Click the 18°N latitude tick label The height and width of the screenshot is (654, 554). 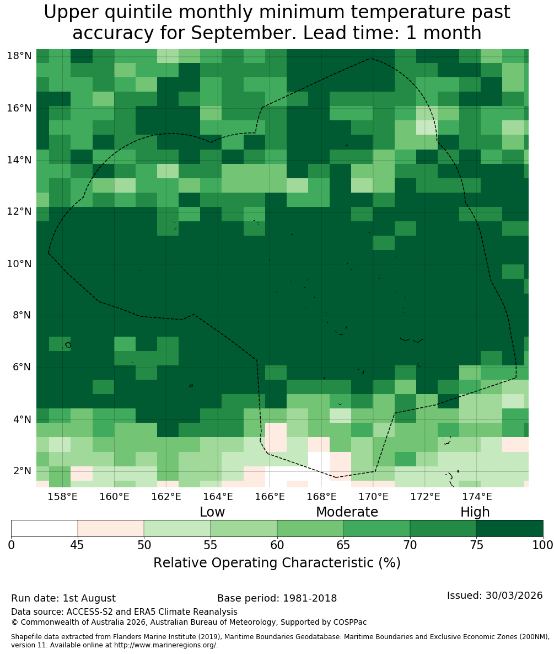(x=19, y=56)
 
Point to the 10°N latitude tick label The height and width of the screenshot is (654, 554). (x=19, y=264)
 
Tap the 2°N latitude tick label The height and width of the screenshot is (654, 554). (x=22, y=471)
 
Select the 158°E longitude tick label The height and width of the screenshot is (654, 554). (x=63, y=497)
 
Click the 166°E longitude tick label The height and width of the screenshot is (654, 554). (x=270, y=497)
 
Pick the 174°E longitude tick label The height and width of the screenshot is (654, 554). (x=476, y=497)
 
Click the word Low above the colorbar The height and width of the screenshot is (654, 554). (x=212, y=512)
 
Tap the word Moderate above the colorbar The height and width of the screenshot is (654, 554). (x=347, y=512)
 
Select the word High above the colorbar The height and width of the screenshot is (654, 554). (x=475, y=512)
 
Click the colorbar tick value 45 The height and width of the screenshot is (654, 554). (x=78, y=545)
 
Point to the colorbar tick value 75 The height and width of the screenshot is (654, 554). (x=476, y=545)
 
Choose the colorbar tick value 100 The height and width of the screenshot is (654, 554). (x=543, y=545)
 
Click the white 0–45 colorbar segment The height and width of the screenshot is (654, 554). (x=45, y=529)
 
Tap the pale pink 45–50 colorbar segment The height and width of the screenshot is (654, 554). (x=111, y=529)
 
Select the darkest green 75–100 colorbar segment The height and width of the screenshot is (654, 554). (x=509, y=529)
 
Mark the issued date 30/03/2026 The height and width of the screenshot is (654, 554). (x=514, y=595)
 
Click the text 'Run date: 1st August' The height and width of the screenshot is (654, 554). (x=63, y=598)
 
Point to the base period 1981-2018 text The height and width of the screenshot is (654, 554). (x=310, y=598)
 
